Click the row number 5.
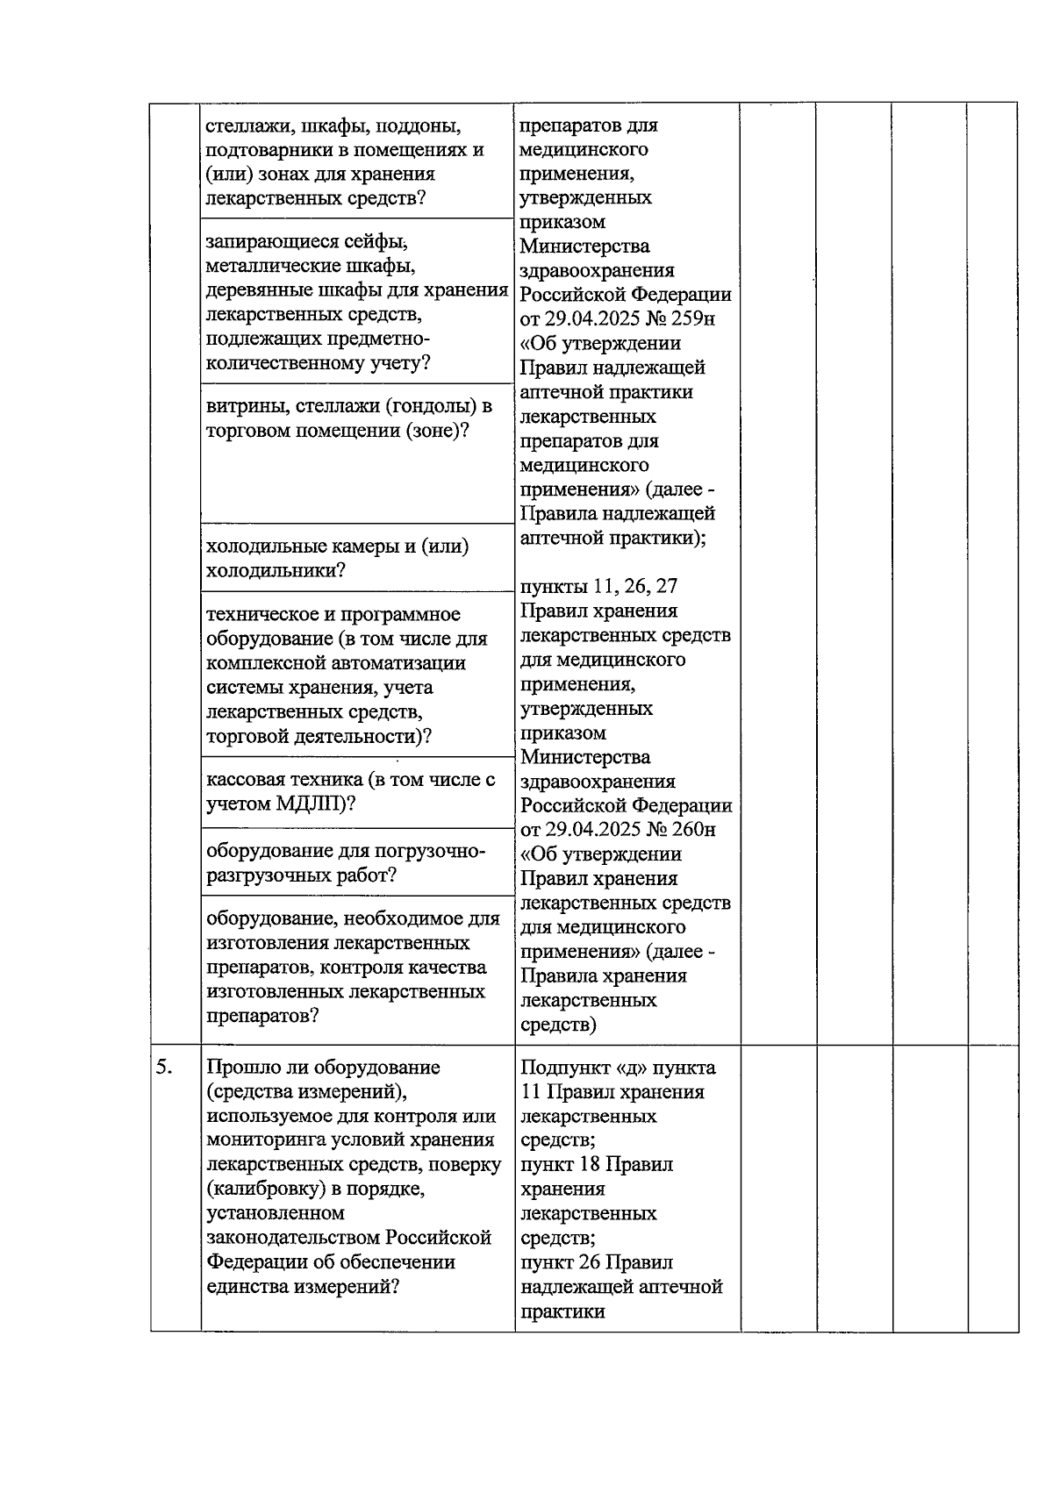click(163, 1068)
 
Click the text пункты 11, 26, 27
click(598, 586)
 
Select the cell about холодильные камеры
click(338, 559)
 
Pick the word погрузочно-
click(430, 851)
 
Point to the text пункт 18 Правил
click(597, 1164)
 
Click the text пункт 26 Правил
click(597, 1261)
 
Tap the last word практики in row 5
click(562, 1311)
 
